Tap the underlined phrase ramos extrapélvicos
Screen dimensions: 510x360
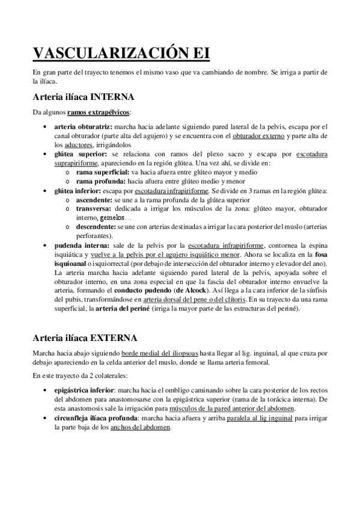click(99, 112)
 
